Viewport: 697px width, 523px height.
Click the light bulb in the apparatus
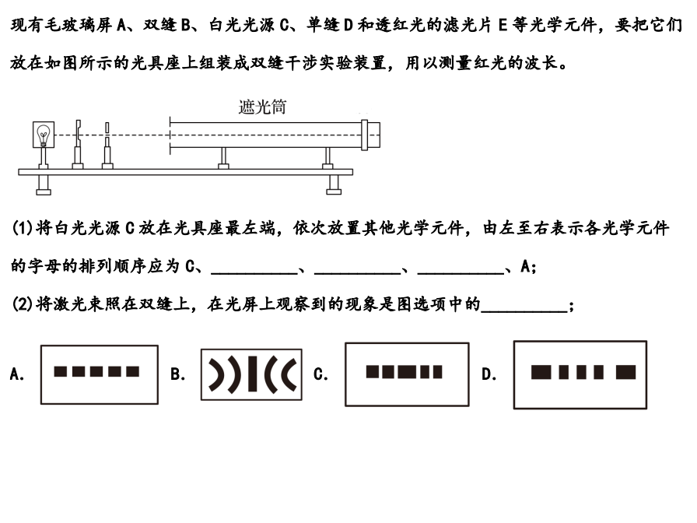pyautogui.click(x=44, y=136)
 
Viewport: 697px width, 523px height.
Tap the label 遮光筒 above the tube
pyautogui.click(x=262, y=107)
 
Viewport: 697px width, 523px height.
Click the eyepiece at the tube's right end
pyautogui.click(x=372, y=135)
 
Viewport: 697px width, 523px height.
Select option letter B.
pyautogui.click(x=177, y=374)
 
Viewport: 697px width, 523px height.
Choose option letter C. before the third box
pyautogui.click(x=320, y=374)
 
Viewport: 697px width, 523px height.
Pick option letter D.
pyautogui.click(x=489, y=374)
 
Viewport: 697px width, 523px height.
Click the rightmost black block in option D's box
pyautogui.click(x=625, y=372)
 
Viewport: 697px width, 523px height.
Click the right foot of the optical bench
pyautogui.click(x=334, y=184)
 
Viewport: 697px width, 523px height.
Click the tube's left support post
pyautogui.click(x=223, y=156)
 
